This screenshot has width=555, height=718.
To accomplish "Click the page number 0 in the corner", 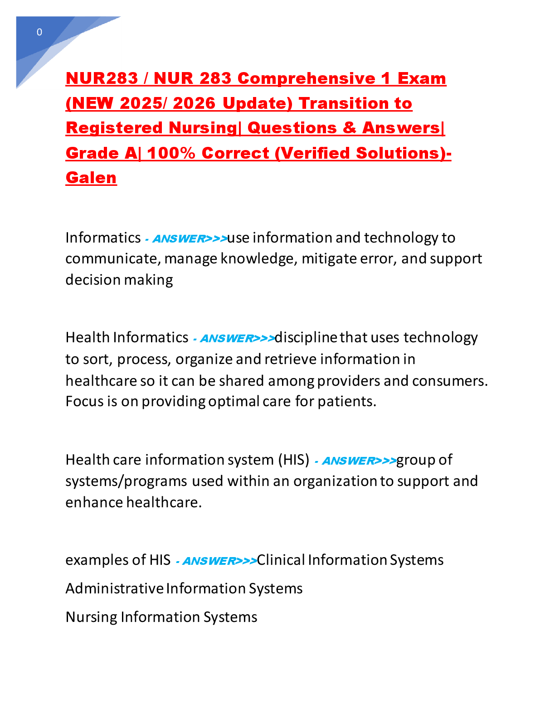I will tap(39, 32).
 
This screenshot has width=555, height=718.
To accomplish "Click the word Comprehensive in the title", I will tap(307, 78).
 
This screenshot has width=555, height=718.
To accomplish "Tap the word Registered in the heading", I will tap(114, 128).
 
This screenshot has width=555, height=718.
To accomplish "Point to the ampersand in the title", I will tap(349, 128).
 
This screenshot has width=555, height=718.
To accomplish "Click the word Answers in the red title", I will tap(401, 128).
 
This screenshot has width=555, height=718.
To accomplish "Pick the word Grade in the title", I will tap(92, 153).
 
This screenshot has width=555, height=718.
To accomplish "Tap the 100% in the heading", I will tap(171, 153).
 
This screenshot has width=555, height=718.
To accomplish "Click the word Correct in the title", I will tap(235, 153).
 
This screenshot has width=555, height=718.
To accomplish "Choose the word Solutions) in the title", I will tap(401, 153).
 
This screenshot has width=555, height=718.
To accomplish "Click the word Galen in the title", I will tap(91, 178).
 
